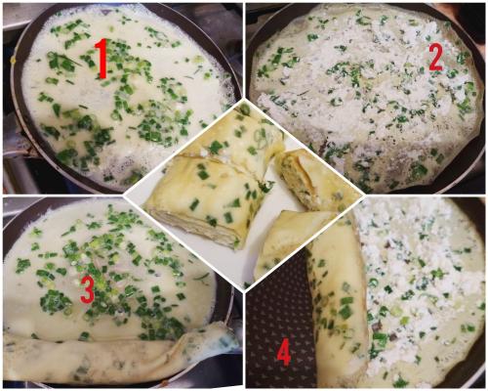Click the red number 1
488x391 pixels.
(102, 59)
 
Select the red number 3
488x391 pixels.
(87, 288)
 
